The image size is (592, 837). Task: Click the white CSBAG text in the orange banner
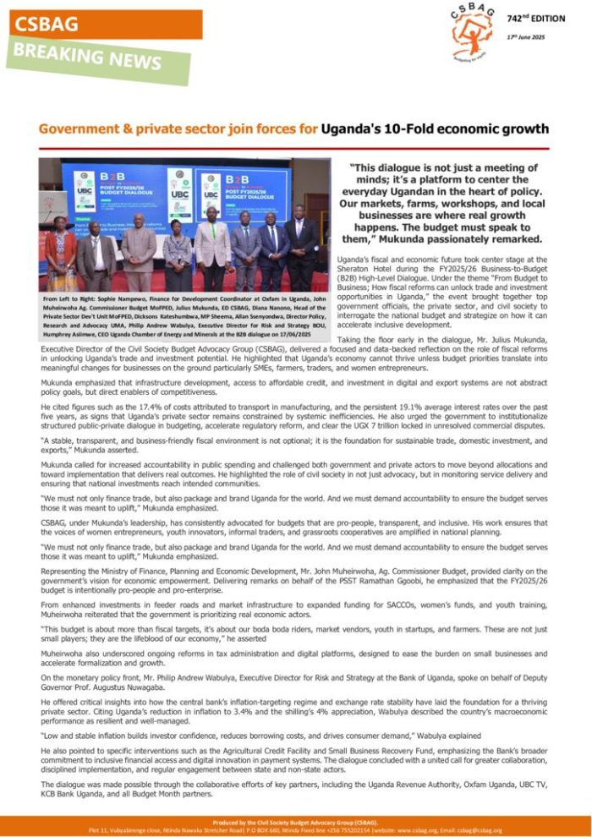point(47,25)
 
